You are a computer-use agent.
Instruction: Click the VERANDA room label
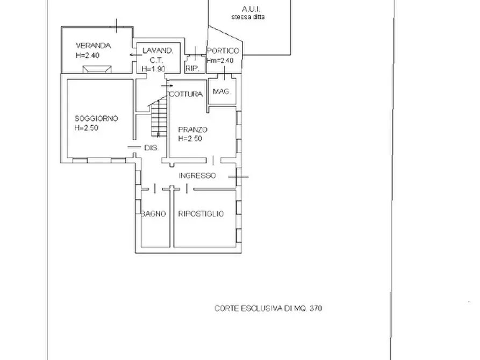click(x=94, y=46)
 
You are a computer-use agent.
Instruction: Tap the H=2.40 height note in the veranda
click(x=88, y=55)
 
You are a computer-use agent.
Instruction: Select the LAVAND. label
click(x=158, y=51)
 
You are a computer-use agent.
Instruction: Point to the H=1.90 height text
click(x=153, y=69)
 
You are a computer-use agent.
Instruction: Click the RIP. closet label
click(x=192, y=69)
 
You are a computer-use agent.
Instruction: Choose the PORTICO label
click(x=223, y=51)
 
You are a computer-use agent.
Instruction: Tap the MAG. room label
click(x=222, y=91)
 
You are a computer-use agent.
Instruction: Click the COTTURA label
click(x=186, y=94)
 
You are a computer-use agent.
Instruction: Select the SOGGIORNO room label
click(x=96, y=118)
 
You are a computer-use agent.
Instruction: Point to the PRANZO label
click(x=193, y=129)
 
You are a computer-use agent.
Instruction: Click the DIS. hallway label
click(x=152, y=148)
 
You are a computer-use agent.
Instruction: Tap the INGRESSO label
click(x=197, y=176)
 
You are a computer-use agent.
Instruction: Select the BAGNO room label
click(x=153, y=214)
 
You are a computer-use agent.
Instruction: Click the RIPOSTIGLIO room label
click(x=201, y=214)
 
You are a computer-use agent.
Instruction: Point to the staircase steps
click(x=159, y=118)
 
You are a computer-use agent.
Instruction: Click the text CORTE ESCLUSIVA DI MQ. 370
click(x=268, y=308)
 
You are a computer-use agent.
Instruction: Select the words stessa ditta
click(x=248, y=17)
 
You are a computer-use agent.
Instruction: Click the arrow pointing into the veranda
click(x=135, y=55)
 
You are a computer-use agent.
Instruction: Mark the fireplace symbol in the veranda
click(x=97, y=69)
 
